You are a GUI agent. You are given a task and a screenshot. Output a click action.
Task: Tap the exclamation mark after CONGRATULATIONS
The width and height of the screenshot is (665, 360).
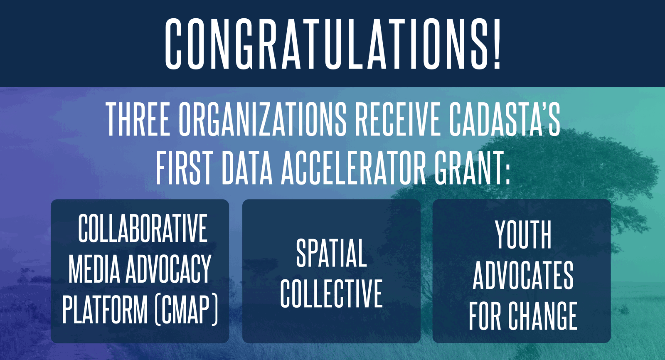tap(496, 44)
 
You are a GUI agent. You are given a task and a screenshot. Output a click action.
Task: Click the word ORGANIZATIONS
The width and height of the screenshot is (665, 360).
tap(262, 119)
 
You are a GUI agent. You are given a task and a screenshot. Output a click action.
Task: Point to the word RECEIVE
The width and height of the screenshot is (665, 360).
tap(397, 119)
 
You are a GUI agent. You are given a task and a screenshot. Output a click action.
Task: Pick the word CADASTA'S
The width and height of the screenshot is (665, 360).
tap(505, 119)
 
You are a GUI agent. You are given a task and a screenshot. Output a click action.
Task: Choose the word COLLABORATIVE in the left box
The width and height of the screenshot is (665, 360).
tap(143, 228)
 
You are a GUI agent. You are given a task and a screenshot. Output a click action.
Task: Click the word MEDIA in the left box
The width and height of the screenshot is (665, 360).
tap(94, 269)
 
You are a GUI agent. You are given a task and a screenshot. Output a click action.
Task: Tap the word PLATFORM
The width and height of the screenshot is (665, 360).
tap(105, 309)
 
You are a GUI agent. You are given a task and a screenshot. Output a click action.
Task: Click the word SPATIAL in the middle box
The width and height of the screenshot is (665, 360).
tap(331, 253)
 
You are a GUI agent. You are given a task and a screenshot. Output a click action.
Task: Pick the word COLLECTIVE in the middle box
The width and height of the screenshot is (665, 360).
tap(331, 293)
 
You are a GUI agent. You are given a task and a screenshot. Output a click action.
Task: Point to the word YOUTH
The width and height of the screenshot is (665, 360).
tap(523, 235)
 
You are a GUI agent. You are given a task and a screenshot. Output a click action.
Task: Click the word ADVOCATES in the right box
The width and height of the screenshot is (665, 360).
tap(523, 275)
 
